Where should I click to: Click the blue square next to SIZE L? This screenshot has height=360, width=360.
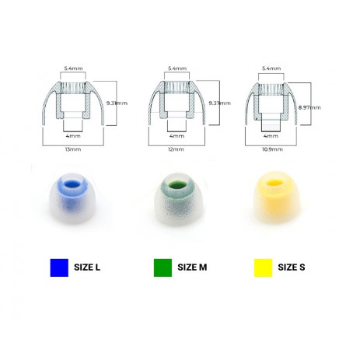pos(59,267)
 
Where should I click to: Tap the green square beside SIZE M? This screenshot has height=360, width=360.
pos(163,267)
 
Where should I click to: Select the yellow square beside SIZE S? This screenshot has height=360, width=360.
pos(263,267)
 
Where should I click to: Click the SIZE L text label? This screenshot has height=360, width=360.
pos(87,267)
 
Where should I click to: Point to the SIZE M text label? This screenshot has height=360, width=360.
pos(192,267)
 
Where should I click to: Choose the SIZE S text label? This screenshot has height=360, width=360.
pos(292,267)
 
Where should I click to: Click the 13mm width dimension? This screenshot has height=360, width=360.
pos(73,149)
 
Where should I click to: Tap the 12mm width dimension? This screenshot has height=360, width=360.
pos(176,149)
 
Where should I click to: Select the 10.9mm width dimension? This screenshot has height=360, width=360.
pos(272,149)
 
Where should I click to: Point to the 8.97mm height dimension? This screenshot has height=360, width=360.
pos(309,107)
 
